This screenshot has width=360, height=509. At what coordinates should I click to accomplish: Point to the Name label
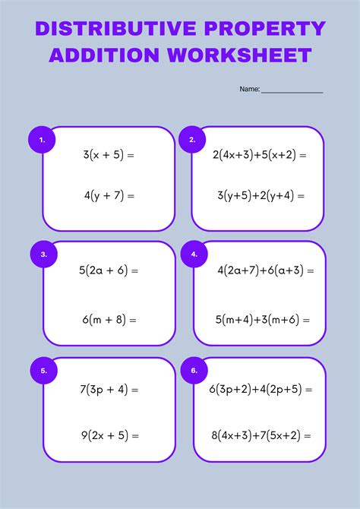pyautogui.click(x=249, y=89)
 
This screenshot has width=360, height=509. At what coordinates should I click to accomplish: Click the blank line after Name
pyautogui.click(x=292, y=90)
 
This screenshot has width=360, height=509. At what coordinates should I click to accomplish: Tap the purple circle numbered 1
pyautogui.click(x=42, y=140)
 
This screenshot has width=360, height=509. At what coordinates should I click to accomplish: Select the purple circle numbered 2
pyautogui.click(x=192, y=140)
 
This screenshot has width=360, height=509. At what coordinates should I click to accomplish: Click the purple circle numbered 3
pyautogui.click(x=43, y=254)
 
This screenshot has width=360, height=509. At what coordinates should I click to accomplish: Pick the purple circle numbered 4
pyautogui.click(x=194, y=254)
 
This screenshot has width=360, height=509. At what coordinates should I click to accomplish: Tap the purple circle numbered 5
pyautogui.click(x=43, y=371)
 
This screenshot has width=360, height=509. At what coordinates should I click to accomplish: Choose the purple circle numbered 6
pyautogui.click(x=194, y=371)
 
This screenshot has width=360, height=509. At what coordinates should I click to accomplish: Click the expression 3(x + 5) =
pyautogui.click(x=109, y=155)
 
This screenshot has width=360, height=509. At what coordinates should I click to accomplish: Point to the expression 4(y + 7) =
pyautogui.click(x=109, y=195)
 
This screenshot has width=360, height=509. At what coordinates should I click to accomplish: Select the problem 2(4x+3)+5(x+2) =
pyautogui.click(x=260, y=155)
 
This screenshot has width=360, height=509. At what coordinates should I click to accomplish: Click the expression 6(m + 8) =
pyautogui.click(x=109, y=320)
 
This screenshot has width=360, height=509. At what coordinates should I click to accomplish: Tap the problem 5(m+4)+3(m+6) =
pyautogui.click(x=262, y=320)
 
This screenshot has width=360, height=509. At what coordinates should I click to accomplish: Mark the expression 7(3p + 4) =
pyautogui.click(x=109, y=390)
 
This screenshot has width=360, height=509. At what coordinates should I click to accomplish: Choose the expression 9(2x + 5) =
pyautogui.click(x=109, y=435)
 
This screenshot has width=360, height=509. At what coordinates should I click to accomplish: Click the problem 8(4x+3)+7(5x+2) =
pyautogui.click(x=261, y=435)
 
